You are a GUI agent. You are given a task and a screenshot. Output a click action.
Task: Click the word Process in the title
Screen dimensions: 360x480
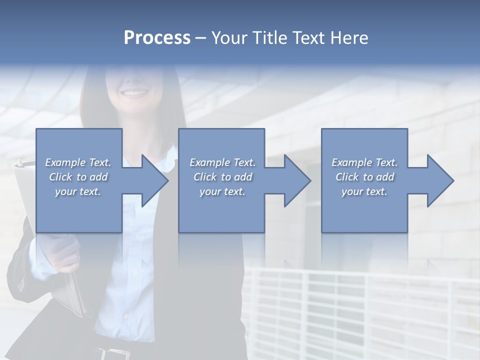pos(157,38)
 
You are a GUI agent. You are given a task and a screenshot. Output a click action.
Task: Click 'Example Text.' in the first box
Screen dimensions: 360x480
pos(78,162)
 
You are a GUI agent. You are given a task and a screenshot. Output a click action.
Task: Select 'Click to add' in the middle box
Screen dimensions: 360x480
pos(222,177)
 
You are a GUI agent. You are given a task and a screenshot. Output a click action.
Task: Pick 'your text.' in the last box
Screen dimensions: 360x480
pos(364,191)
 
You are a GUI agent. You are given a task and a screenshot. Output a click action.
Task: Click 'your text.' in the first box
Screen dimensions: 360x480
pos(78,191)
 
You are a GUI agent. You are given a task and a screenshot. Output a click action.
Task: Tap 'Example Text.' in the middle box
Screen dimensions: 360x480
pos(222,162)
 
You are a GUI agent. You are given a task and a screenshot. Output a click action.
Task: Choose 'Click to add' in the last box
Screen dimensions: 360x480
pos(364,177)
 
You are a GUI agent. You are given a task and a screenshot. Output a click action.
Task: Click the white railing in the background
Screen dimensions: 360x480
pos(360,310)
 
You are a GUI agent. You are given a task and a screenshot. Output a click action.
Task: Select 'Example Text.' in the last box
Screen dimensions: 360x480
pos(364,162)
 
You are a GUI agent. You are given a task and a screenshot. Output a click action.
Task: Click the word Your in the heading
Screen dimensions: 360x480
pos(229,38)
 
